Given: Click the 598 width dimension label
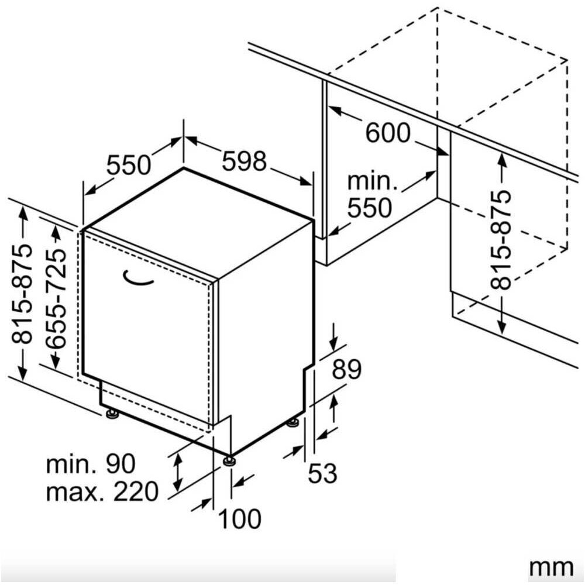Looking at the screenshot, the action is click(245, 161).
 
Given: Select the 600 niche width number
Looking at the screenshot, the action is click(388, 133).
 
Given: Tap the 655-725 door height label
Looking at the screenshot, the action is click(56, 298).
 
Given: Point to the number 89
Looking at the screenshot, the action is click(346, 369).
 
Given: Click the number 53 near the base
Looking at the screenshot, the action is click(322, 473).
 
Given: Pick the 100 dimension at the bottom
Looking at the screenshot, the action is click(240, 518).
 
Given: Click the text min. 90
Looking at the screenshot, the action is click(91, 464).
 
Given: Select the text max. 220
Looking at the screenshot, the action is click(102, 491).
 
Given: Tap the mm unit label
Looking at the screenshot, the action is click(552, 567).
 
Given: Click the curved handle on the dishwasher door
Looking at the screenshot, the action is click(137, 278).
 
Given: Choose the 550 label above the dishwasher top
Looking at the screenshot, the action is click(129, 164).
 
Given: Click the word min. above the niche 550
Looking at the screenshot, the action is click(373, 181).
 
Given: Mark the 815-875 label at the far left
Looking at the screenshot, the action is click(21, 294).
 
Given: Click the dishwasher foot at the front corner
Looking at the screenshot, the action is click(229, 461).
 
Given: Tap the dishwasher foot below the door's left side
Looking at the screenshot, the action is click(112, 414).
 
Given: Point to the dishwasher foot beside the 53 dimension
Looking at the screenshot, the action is click(292, 423).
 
